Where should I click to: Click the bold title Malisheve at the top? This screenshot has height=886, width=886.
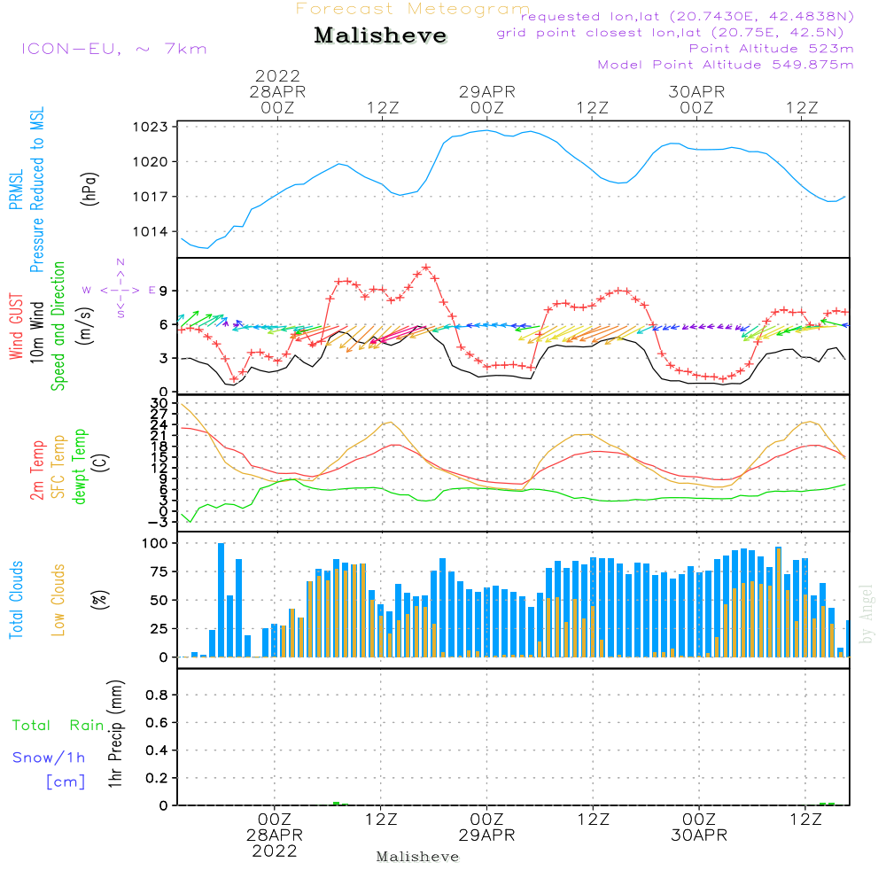click(381, 36)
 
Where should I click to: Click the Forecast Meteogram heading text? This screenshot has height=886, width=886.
click(413, 9)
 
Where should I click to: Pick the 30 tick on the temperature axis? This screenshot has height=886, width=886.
click(160, 403)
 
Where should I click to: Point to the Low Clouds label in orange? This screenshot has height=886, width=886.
click(59, 599)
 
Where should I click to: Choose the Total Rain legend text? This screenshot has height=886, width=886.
click(58, 725)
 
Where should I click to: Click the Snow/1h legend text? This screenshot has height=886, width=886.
click(50, 758)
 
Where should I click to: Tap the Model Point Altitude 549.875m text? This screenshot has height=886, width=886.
click(726, 65)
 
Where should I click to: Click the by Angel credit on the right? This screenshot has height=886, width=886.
click(867, 613)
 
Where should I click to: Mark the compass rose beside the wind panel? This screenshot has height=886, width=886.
click(120, 289)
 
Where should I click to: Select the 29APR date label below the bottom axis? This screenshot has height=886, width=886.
click(486, 835)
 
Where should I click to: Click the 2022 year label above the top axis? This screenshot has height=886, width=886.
click(278, 75)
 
